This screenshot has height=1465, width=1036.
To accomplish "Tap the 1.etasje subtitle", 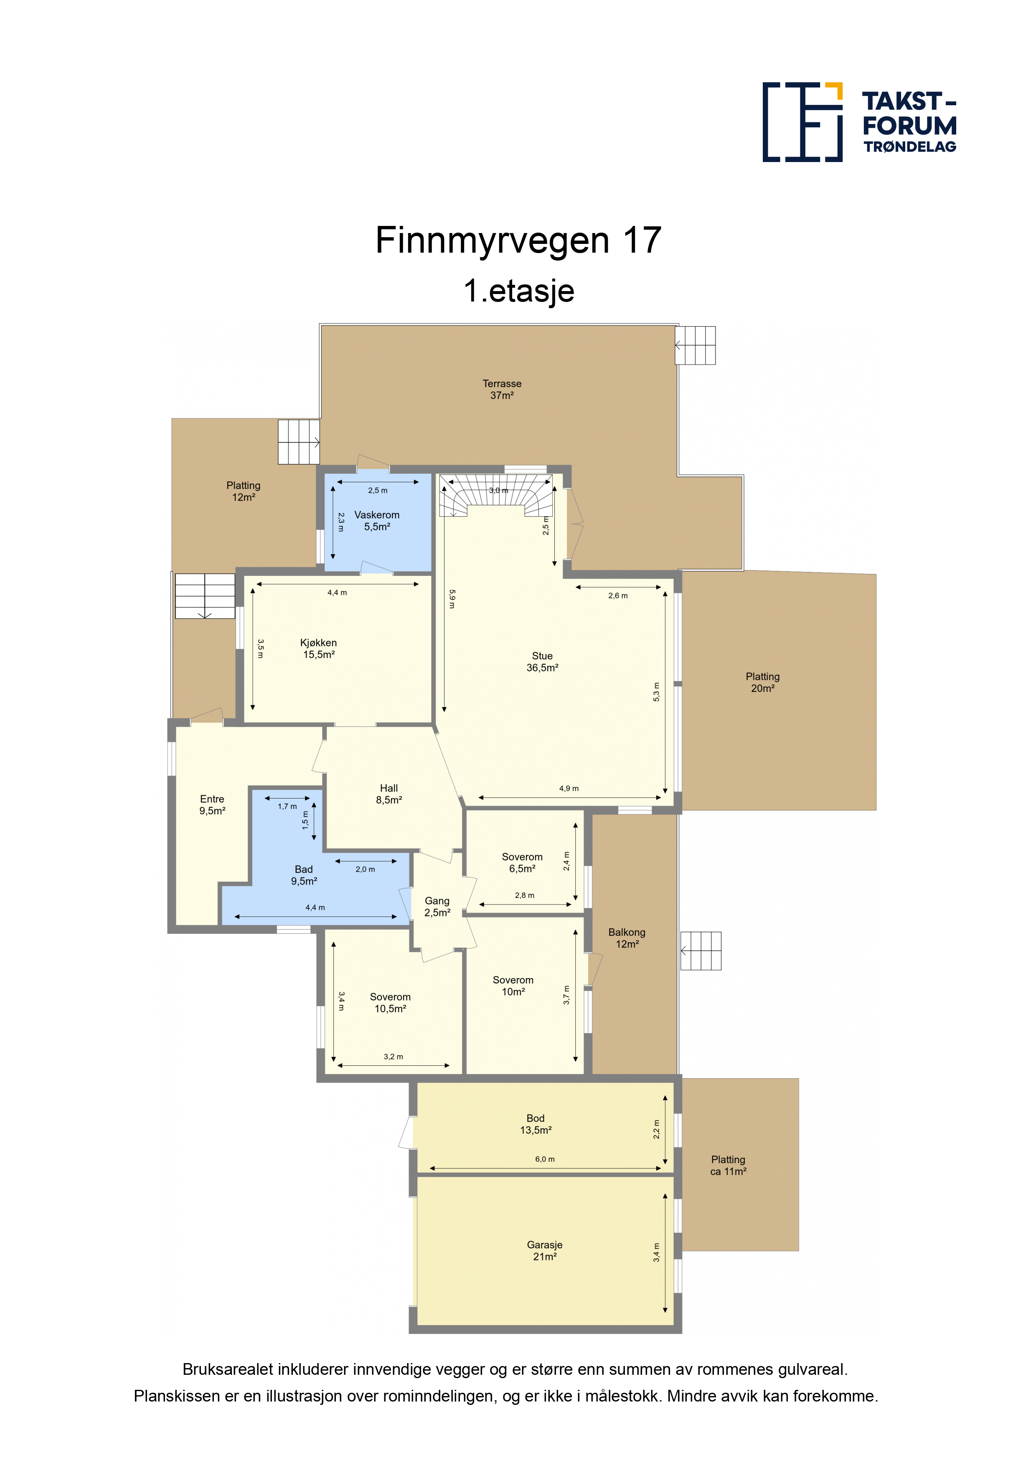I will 518,291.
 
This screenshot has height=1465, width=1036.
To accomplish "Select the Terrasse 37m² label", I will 502,389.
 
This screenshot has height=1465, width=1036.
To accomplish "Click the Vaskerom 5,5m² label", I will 377,521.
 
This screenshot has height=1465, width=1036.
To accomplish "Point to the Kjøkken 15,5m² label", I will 318,648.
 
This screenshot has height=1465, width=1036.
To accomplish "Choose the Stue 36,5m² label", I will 542,662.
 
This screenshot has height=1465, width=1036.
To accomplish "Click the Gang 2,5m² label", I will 437,907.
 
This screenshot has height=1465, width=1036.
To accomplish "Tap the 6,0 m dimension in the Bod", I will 544,1159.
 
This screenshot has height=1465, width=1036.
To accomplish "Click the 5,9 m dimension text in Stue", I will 452,598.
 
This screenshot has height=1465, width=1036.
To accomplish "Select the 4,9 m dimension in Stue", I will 568,788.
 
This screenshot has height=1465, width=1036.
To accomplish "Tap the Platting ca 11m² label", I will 728,1165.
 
